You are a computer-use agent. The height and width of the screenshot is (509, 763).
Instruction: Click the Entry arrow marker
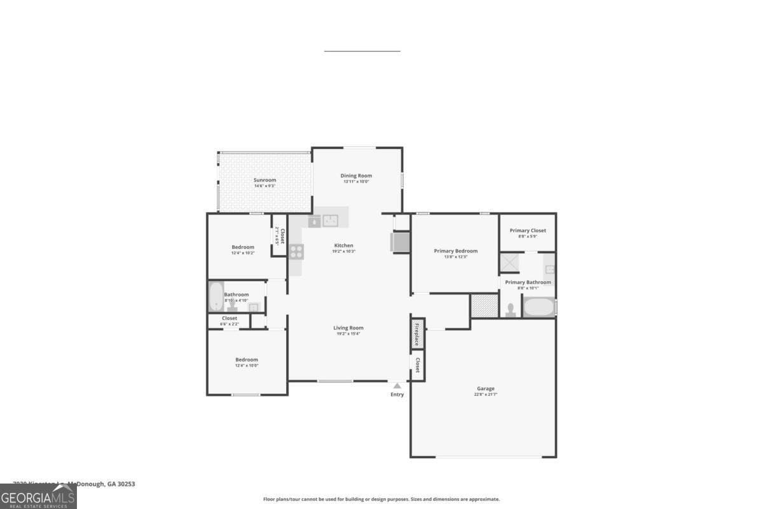pos(397,386)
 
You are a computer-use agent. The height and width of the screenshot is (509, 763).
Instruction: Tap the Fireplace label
pos(417,334)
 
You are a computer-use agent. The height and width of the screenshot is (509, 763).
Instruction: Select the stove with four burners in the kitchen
pos(296,251)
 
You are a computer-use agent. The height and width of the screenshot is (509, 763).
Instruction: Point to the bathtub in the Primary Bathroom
pos(538,307)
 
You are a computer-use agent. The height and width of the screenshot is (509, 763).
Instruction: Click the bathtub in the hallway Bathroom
pos(216,296)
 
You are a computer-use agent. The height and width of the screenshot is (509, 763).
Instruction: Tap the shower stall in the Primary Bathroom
pos(509,263)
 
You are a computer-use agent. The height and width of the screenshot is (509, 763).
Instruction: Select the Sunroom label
pos(265,180)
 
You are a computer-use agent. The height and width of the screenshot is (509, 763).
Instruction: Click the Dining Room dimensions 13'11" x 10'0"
pos(356,182)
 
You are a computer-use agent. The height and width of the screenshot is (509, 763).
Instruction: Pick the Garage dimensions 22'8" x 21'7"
pos(486,394)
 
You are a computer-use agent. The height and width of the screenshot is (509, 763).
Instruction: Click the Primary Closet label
pos(528,230)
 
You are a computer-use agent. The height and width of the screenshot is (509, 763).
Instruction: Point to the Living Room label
pos(348,328)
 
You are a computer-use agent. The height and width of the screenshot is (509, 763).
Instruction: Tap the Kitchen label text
pos(344,246)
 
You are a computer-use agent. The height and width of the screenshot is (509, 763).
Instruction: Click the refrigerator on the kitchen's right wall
pos(400,242)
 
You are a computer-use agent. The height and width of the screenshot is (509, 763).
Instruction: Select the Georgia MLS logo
pos(38,496)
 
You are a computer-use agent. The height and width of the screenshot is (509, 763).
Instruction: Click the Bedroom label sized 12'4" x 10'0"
pos(247,359)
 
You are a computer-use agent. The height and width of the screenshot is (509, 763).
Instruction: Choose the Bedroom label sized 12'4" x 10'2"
pos(243,247)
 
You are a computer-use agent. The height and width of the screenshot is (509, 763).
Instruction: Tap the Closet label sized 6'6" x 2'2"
pos(230,318)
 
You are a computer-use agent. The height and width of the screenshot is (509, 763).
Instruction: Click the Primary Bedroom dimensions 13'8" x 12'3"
pos(456,257)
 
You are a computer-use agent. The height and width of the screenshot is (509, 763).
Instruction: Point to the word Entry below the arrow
pos(397,394)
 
